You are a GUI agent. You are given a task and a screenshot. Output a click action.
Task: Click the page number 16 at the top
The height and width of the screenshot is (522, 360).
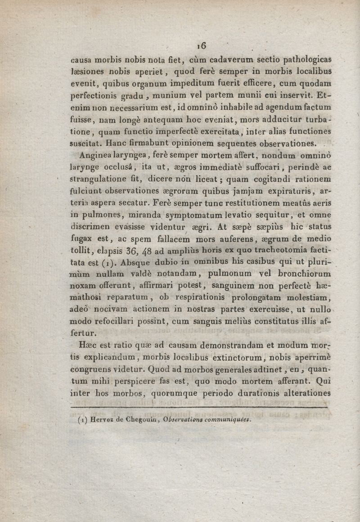(201, 45)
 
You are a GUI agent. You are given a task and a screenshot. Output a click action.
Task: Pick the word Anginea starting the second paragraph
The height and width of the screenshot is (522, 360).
(94, 156)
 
